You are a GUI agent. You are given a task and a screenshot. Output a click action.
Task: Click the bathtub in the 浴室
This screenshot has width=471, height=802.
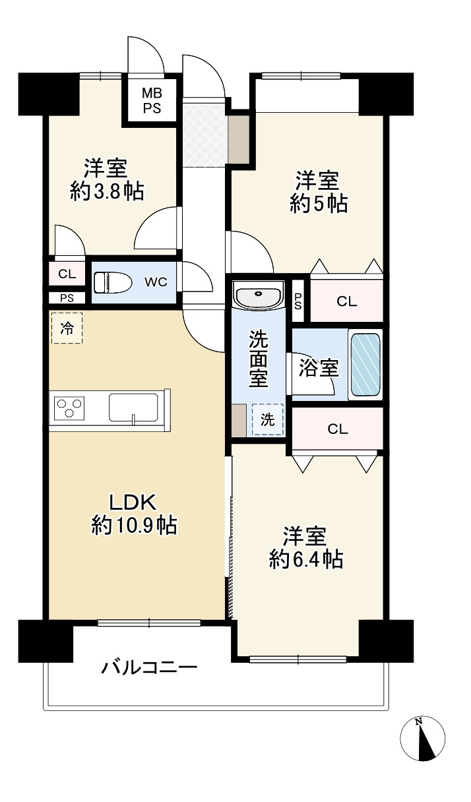coord(365,364)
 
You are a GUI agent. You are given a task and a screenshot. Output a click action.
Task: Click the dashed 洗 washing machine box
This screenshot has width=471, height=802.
coord(267,420)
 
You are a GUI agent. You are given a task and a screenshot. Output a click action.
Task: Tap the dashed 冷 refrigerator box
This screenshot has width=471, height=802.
coord(67,328)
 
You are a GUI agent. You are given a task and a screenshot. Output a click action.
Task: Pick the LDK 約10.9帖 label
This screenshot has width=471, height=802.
coord(133,514)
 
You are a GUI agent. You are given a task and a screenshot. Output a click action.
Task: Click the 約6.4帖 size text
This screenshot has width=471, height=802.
coord(305,560)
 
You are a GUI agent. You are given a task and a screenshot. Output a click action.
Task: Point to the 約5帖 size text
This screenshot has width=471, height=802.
coord(319,204)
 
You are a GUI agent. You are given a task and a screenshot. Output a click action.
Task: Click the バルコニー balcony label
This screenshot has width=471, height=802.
coord(149,667)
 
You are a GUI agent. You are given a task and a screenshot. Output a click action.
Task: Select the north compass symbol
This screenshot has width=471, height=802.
coord(423,737)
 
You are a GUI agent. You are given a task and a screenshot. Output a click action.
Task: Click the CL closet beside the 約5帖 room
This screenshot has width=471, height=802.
coord(346,302)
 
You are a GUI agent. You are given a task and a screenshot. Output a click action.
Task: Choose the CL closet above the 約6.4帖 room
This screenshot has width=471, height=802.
coord(337,429)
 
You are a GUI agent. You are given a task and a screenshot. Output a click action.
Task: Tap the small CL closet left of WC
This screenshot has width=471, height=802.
coord(67,274)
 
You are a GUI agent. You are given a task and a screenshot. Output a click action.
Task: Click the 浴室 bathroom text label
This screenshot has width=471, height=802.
coord(319,368)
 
